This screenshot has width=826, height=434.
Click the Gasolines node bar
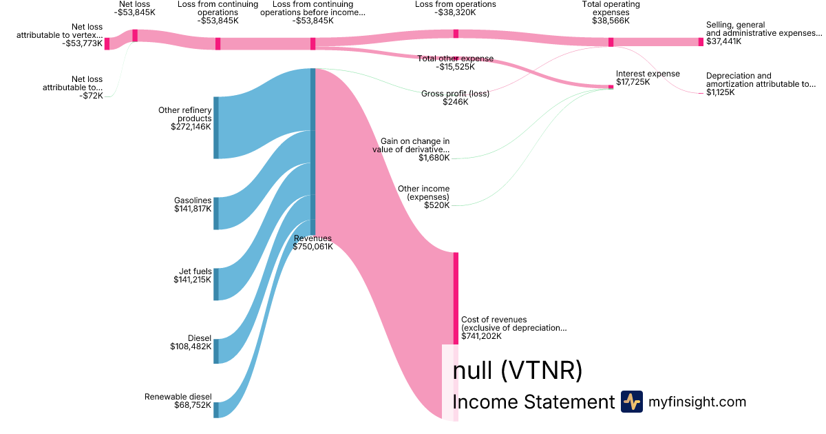215,213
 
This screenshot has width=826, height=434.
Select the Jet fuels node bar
215,284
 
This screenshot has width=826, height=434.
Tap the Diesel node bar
215,351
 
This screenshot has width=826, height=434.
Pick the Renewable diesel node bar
215,410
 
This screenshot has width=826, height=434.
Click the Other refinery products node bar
215,127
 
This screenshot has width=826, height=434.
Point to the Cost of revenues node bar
456,298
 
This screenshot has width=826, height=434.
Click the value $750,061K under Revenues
313,247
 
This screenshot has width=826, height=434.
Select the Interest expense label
648,74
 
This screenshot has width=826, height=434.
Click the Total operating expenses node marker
611,42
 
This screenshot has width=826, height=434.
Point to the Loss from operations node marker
456,34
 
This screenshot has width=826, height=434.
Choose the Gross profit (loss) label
455,93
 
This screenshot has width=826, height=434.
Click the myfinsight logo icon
631,402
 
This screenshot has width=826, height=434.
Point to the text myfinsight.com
697,402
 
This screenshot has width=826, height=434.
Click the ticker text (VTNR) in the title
541,371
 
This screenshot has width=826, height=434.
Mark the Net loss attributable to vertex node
107,43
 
